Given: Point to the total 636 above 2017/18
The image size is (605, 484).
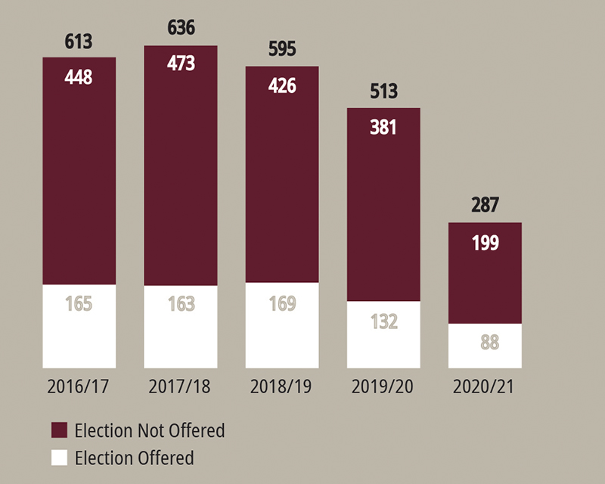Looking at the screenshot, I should click(x=180, y=29).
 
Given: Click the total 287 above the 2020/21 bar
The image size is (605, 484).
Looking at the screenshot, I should click(x=485, y=206).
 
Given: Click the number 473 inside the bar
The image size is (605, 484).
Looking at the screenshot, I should click(x=180, y=64).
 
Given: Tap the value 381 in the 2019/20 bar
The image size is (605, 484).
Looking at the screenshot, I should click(x=383, y=127).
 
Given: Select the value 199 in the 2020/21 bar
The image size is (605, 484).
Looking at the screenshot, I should click(x=485, y=243).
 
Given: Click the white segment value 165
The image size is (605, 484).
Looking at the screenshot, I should click(x=79, y=305).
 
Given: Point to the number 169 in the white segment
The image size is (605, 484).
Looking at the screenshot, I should click(x=282, y=305).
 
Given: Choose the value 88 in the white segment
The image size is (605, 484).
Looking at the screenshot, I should click(x=485, y=342).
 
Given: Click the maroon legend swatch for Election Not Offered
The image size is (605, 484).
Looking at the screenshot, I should click(x=59, y=431).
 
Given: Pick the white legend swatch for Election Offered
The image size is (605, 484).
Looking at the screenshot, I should click(x=59, y=458).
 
